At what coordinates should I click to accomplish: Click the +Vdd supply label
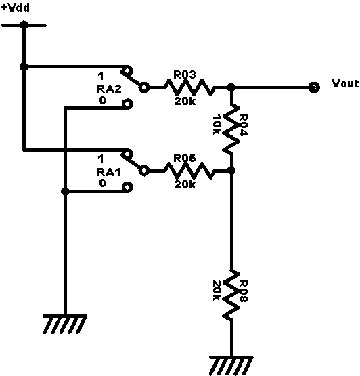(x=16, y=7)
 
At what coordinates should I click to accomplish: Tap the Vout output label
(x=345, y=83)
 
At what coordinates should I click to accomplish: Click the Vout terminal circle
(x=314, y=87)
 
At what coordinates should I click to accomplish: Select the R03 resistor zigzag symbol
(x=189, y=87)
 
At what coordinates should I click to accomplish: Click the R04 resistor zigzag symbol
(x=231, y=129)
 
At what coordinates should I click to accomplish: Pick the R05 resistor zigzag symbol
(x=189, y=171)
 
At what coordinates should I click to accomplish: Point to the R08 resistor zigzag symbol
(x=231, y=295)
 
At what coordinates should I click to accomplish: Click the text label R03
(x=185, y=75)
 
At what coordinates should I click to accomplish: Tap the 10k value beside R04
(x=217, y=124)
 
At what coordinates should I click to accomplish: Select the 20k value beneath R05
(x=185, y=184)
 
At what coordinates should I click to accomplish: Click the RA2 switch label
(x=109, y=89)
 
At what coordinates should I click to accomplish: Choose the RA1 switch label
(x=108, y=172)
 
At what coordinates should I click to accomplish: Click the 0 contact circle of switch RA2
(x=127, y=104)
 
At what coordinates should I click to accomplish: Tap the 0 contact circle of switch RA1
(x=127, y=187)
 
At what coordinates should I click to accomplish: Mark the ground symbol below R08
(x=231, y=365)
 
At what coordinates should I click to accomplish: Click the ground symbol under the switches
(x=65, y=325)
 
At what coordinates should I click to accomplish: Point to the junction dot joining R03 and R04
(x=231, y=87)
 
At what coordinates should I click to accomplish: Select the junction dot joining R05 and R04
(x=231, y=171)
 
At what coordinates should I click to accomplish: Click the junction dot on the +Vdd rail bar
(x=24, y=25)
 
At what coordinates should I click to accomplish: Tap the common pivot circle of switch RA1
(x=144, y=171)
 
